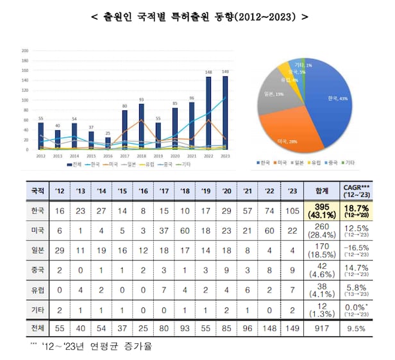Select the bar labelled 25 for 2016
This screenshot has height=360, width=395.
(x=108, y=144)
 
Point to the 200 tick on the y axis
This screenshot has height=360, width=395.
(x=25, y=51)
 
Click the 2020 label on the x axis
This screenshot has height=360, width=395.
(x=174, y=156)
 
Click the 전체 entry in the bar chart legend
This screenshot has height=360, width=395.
(x=75, y=165)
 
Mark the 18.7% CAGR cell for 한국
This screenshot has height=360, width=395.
(x=363, y=211)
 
